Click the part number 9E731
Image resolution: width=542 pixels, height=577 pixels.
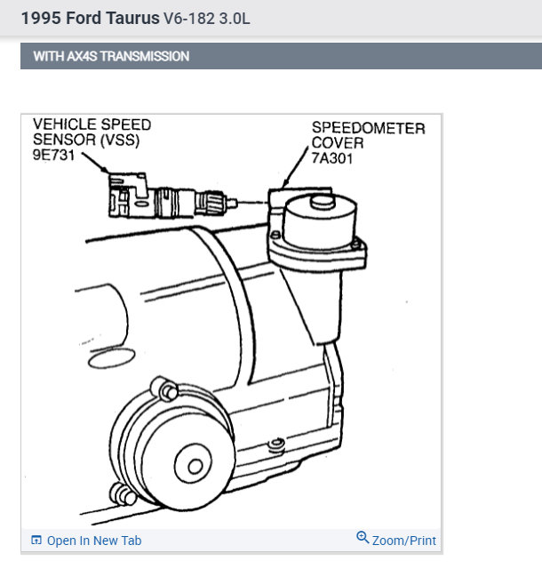(x=55, y=156)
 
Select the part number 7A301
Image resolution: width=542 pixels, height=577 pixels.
(x=333, y=157)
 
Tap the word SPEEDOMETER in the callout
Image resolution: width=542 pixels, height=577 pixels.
(x=368, y=128)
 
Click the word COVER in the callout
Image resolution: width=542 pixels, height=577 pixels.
(x=337, y=143)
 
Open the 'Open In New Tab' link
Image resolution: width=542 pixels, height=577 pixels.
(x=93, y=541)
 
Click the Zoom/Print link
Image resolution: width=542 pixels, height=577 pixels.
(x=403, y=541)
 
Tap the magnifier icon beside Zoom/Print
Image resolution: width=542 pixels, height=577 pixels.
(x=363, y=538)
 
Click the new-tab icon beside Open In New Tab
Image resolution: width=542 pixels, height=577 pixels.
(x=36, y=541)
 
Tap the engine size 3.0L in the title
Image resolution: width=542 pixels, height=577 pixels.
(x=233, y=18)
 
